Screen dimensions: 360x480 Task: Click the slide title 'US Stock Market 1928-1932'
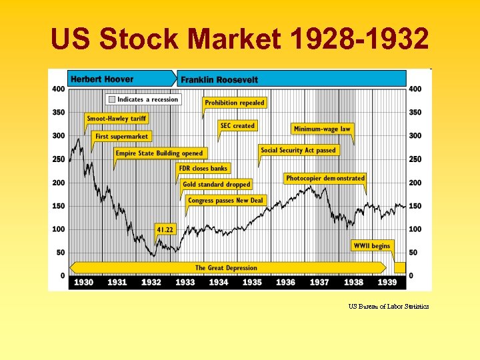(x=240, y=41)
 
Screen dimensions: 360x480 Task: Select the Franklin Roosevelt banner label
(x=219, y=79)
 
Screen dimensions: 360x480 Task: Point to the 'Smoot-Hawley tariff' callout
(x=117, y=119)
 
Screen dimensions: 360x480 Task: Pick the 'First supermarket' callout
(x=121, y=136)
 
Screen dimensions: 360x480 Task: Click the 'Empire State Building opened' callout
(x=159, y=153)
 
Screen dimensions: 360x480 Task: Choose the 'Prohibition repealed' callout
(x=235, y=103)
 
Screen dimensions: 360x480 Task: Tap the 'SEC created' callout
(x=238, y=125)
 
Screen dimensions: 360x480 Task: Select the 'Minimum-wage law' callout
(x=323, y=129)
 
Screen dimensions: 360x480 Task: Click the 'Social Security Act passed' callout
(x=299, y=150)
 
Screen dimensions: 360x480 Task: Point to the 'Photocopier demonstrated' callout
(x=325, y=178)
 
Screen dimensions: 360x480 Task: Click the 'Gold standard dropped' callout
(x=216, y=184)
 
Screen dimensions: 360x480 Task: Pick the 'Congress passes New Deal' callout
(x=225, y=200)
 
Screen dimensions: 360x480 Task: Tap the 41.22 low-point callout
(x=165, y=229)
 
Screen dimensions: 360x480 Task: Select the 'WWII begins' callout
(x=371, y=246)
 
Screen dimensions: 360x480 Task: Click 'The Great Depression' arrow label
(x=226, y=268)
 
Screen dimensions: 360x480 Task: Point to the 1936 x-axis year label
(x=285, y=282)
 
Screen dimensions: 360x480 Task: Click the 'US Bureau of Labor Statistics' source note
(x=388, y=307)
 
